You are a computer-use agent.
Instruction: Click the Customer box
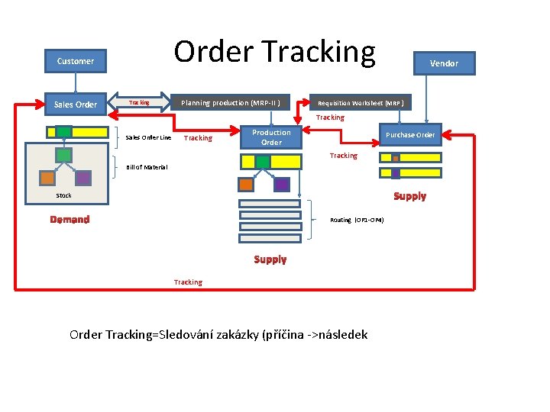(x=76, y=61)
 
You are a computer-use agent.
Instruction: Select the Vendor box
(x=444, y=63)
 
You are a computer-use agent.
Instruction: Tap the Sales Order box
(x=76, y=105)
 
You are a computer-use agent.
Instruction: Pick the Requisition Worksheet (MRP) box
(x=361, y=103)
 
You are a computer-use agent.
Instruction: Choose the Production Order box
(x=271, y=137)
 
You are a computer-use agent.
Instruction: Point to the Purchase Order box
(x=410, y=135)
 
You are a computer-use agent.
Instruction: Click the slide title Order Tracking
(x=274, y=52)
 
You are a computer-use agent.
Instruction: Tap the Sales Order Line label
(x=148, y=138)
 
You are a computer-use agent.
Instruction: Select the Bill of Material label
(x=147, y=167)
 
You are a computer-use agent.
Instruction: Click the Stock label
(x=64, y=195)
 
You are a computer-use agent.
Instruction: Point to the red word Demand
(x=70, y=220)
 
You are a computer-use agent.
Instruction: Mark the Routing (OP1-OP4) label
(x=357, y=220)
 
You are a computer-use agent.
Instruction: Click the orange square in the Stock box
(x=47, y=178)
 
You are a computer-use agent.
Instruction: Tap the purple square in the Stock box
(x=82, y=178)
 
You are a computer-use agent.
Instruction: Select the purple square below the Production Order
(x=281, y=184)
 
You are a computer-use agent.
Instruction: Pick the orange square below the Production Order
(x=246, y=184)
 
